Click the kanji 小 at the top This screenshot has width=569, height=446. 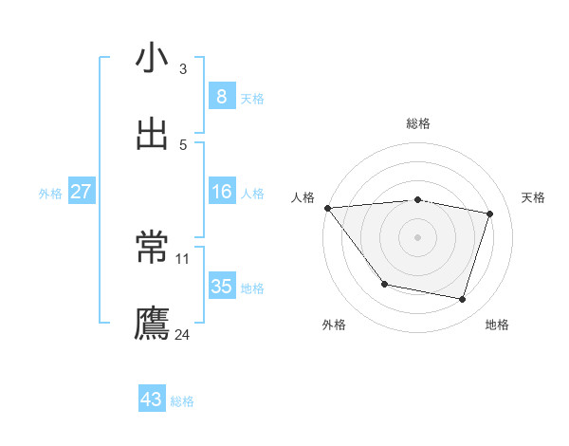152,59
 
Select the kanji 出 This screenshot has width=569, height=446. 152,135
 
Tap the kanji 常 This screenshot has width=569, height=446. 152,249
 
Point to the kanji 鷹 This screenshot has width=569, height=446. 152,324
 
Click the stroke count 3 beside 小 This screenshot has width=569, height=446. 183,69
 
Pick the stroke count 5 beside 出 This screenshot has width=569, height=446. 183,145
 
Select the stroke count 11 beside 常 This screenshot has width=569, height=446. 183,258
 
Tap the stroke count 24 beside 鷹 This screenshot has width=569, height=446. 183,334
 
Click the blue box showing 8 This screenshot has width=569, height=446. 221,96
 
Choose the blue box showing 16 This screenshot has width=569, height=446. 221,192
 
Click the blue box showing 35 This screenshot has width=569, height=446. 221,287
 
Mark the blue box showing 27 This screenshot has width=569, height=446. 81,192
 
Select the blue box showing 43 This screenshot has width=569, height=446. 151,400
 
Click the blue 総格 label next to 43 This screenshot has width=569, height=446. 182,402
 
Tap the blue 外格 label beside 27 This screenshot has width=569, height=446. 50,194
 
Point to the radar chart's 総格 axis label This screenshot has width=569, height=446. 417,123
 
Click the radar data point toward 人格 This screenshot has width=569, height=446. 327,208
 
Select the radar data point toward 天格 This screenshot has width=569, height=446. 490,214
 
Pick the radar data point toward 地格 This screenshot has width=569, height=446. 462,300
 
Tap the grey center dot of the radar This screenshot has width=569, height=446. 417,236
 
